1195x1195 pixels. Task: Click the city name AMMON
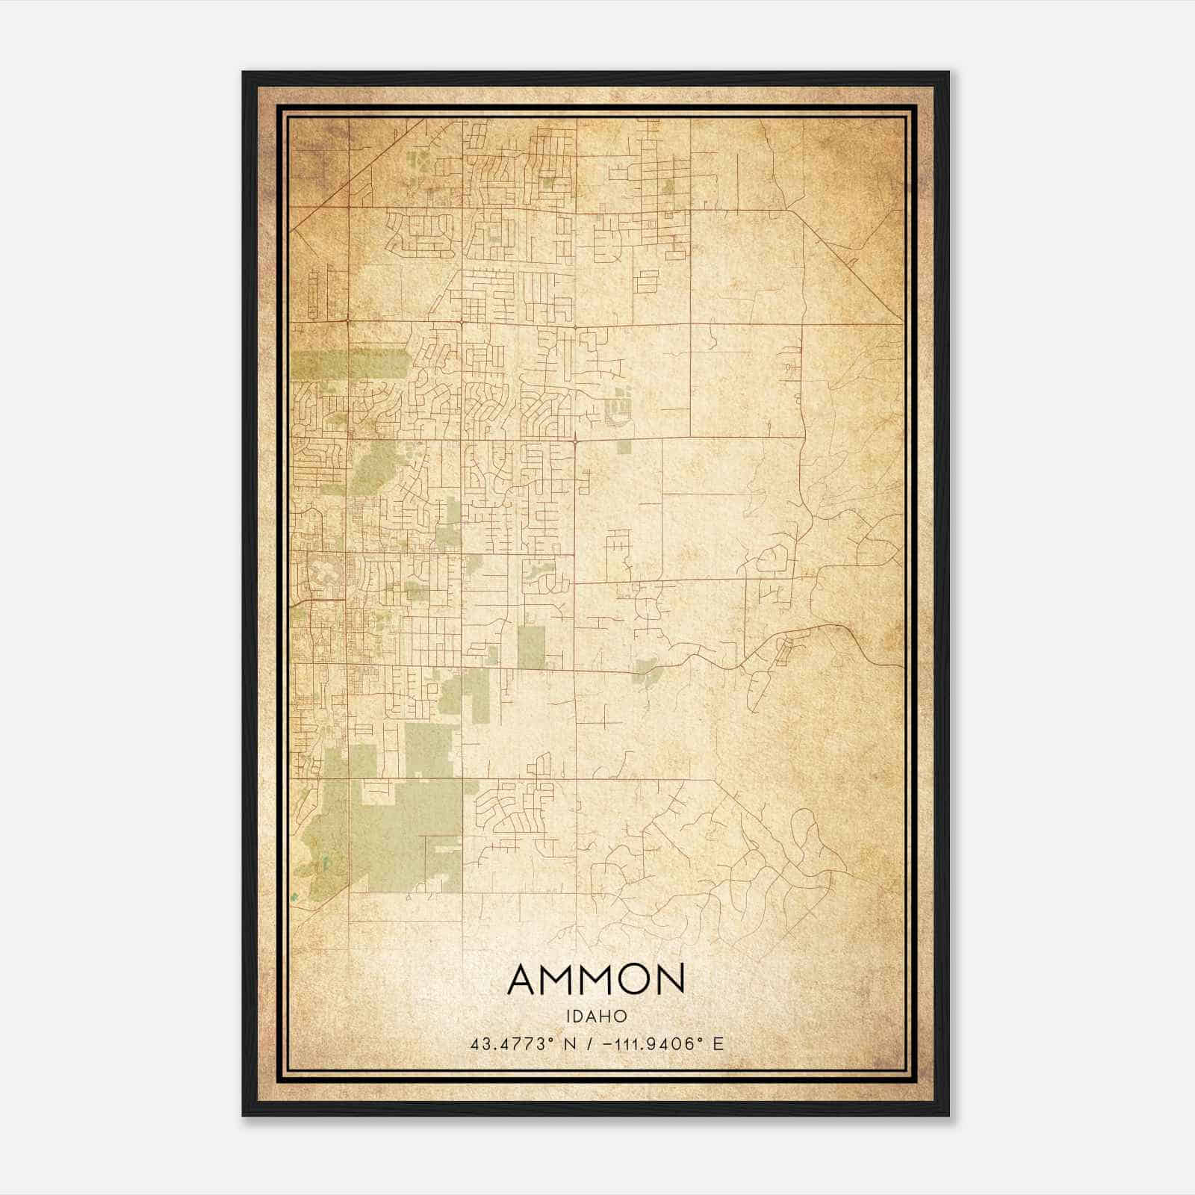pyautogui.click(x=596, y=980)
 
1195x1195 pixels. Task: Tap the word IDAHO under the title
pyautogui.click(x=596, y=1016)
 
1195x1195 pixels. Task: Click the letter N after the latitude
pyautogui.click(x=569, y=1044)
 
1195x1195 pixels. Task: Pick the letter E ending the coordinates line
pyautogui.click(x=718, y=1044)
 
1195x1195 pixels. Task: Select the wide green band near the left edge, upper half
pyautogui.click(x=351, y=364)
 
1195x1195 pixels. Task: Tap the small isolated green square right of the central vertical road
pyautogui.click(x=624, y=447)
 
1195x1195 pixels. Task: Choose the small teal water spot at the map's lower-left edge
pyautogui.click(x=294, y=896)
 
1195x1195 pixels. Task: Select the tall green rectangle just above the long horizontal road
pyautogui.click(x=531, y=647)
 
